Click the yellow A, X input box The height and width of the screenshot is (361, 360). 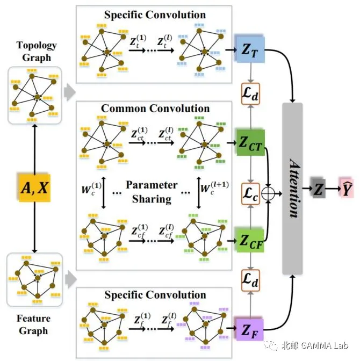click(34, 188)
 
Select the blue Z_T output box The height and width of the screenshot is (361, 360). click(250, 49)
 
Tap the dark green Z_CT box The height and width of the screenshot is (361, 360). click(250, 143)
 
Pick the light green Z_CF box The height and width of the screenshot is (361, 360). click(250, 240)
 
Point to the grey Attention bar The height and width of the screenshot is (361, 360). click(292, 189)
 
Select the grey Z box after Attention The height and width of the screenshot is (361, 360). click(318, 188)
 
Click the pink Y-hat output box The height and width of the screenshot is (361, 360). click(345, 188)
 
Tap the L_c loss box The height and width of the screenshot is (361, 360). click(250, 194)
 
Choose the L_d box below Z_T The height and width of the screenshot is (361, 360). click(250, 94)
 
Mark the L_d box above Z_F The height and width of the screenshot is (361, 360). click(250, 280)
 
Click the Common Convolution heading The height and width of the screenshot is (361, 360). click(155, 109)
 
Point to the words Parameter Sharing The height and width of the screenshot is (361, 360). click(152, 192)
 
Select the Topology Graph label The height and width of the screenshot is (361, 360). click(37, 52)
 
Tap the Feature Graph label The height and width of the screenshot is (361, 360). click(34, 324)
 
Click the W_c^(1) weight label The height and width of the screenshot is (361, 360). click(91, 189)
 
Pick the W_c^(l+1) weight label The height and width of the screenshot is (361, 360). click(214, 188)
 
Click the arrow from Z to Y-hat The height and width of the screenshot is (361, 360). click(333, 189)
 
